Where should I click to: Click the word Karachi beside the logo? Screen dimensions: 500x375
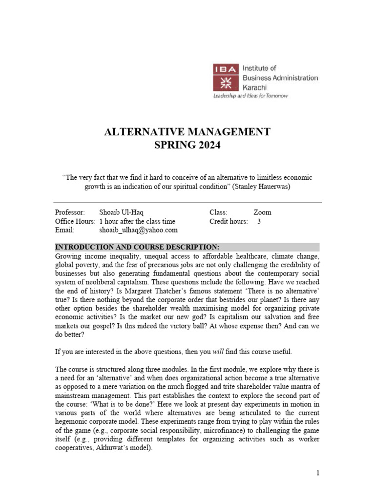point(255,86)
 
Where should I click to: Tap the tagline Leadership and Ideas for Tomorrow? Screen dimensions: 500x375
point(250,96)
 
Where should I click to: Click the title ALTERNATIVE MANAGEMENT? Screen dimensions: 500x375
point(187,132)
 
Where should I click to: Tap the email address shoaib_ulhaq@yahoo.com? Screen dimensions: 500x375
point(138,230)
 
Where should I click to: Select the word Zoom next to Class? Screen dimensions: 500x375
point(262,212)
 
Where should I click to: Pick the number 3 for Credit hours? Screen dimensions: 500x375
point(259,221)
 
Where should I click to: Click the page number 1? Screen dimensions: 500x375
point(317,473)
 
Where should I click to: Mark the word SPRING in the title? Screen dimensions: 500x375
point(173,145)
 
